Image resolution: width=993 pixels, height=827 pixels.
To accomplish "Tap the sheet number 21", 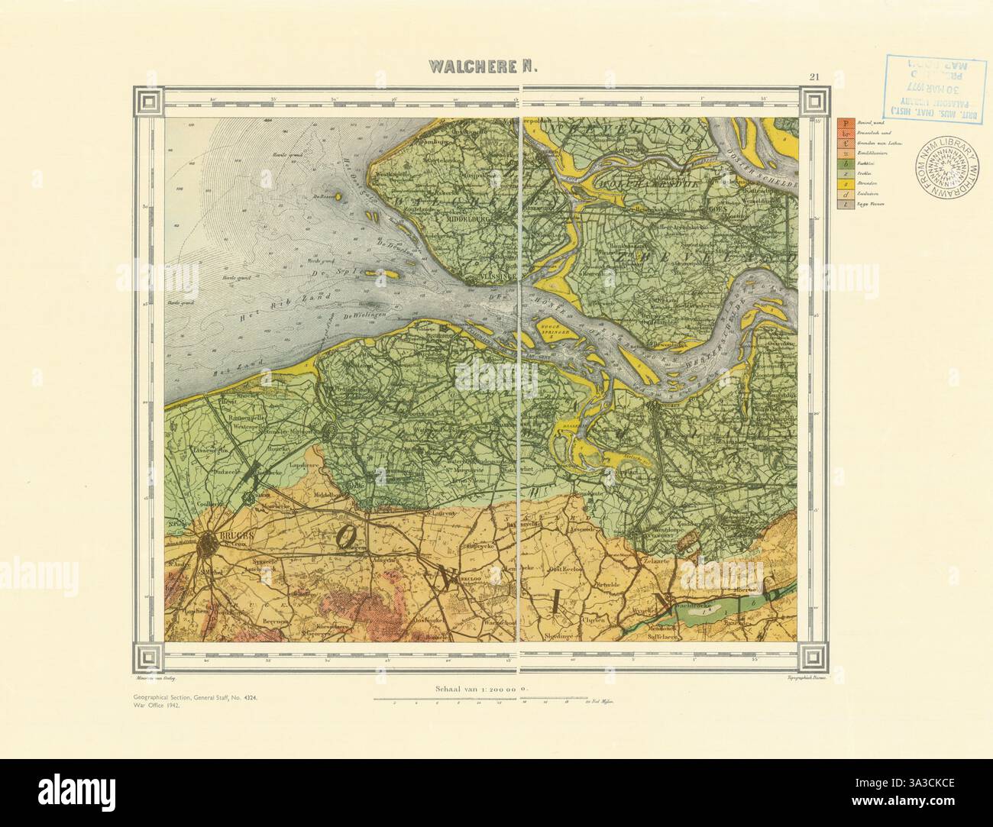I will click(x=815, y=76).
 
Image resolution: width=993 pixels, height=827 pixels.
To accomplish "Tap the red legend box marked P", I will click(x=843, y=122).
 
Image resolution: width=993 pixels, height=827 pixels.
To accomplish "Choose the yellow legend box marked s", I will click(x=843, y=184).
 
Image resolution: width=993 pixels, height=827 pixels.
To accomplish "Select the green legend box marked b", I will click(x=843, y=163).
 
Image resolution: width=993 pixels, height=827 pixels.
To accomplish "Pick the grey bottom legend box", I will click(x=843, y=205).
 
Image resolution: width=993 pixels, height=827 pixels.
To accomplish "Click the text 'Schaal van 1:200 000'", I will click(x=469, y=688).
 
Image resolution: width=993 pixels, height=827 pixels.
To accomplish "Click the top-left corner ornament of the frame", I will click(x=150, y=102).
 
